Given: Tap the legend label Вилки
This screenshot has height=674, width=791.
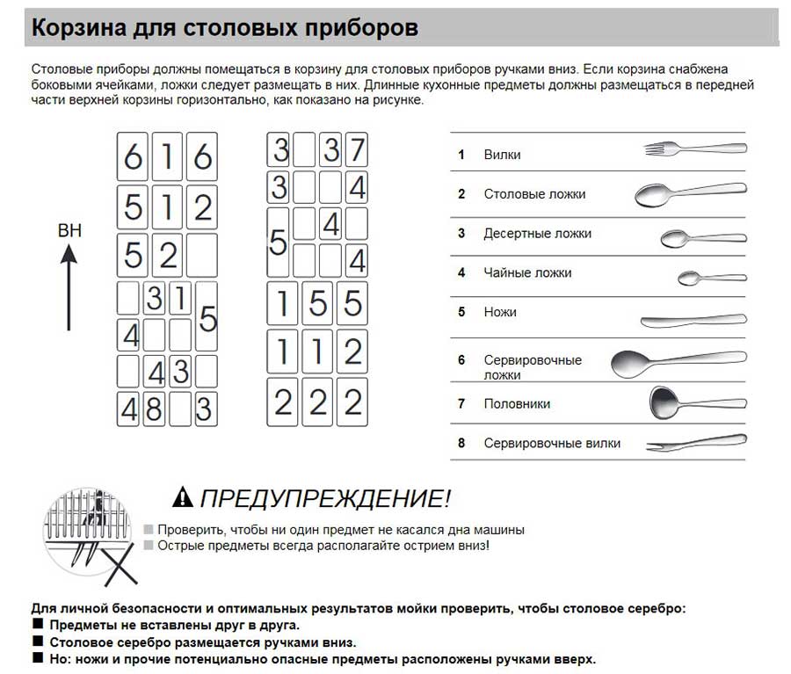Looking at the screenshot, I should click(502, 155).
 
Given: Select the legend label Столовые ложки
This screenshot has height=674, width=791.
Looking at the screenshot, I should click(534, 194).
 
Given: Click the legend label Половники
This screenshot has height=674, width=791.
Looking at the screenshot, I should click(517, 404).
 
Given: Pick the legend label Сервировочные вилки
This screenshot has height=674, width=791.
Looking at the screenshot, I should click(552, 444).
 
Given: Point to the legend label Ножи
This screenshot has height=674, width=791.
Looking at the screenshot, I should click(500, 312).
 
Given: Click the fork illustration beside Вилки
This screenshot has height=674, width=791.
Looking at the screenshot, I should click(694, 149).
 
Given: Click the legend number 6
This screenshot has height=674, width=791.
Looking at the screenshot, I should click(461, 360).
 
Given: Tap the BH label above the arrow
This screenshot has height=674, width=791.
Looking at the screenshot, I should click(69, 231).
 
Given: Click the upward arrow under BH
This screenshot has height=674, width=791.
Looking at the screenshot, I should click(69, 289).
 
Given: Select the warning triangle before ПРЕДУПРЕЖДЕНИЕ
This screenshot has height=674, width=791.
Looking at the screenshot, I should click(182, 497).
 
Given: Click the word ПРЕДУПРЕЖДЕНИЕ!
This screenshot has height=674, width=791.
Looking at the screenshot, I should click(324, 499).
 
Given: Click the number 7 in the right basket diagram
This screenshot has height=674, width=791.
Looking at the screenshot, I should click(355, 151).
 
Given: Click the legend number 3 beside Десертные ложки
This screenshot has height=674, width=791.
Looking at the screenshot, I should click(461, 234).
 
